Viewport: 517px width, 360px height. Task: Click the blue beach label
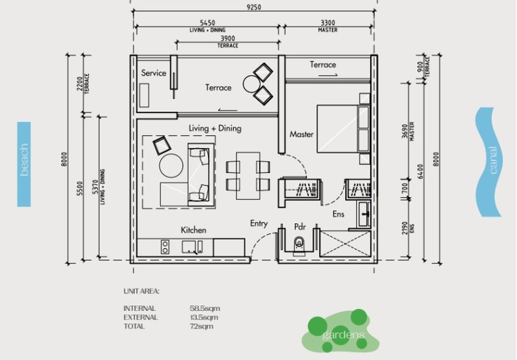point(24,164)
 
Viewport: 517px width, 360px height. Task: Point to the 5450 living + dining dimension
point(207,22)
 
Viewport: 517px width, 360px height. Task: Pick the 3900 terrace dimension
point(227,39)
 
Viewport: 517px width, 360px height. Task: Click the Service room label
point(154,73)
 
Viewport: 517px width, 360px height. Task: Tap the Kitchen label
point(193,230)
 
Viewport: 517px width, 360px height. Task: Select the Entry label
point(258,224)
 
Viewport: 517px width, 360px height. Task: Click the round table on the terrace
point(251,83)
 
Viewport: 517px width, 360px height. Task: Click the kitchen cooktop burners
point(165,246)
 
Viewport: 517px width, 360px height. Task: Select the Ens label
point(339,213)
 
